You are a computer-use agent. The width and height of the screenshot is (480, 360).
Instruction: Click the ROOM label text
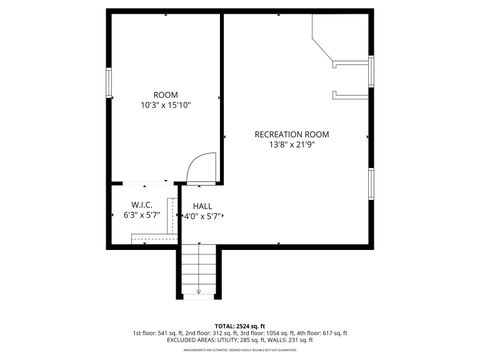[166, 95]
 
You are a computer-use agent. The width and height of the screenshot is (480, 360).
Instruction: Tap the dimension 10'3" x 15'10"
[166, 105]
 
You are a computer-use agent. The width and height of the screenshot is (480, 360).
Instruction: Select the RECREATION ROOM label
[291, 134]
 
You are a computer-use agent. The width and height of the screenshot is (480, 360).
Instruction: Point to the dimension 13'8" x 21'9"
[291, 145]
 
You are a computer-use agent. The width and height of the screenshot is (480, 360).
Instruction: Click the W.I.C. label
[141, 204]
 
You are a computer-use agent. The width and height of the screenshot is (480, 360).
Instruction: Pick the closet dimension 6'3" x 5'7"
[141, 215]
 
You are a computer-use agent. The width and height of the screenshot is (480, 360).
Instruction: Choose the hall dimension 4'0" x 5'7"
[202, 216]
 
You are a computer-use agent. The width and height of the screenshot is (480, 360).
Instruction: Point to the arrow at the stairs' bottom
[198, 291]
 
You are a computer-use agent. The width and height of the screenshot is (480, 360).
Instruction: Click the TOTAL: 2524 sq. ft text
[240, 325]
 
